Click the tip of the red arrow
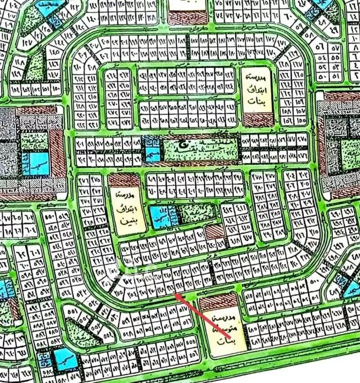175,293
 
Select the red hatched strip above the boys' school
125,180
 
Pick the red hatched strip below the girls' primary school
257,121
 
